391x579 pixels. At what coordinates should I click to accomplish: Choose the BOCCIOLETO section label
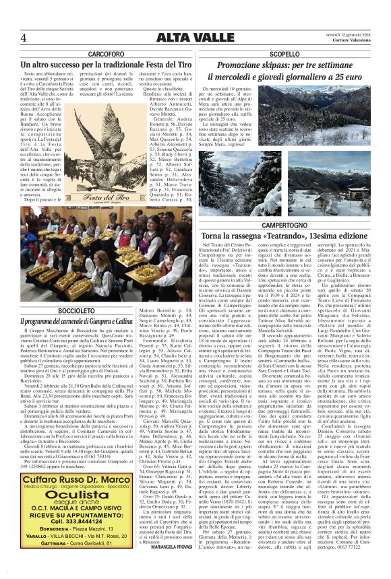pos(76,310)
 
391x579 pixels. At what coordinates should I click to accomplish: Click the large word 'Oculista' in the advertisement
pos(76,494)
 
